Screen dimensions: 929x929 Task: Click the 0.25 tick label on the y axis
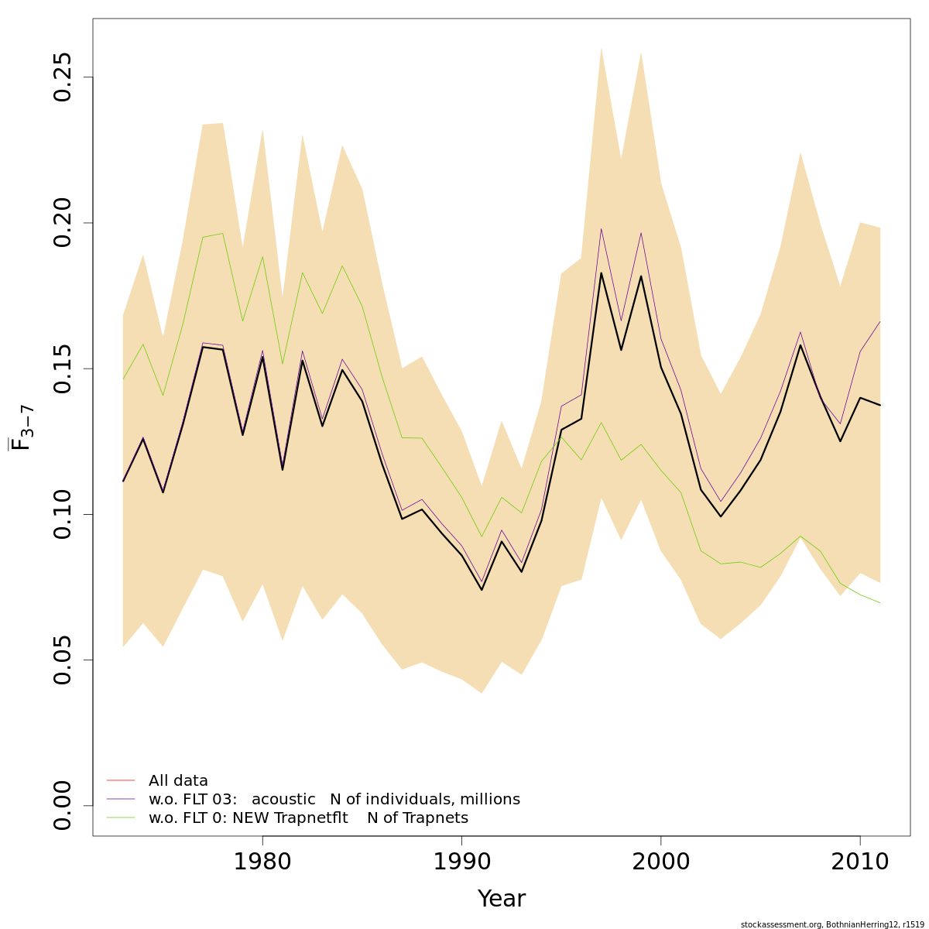(62, 77)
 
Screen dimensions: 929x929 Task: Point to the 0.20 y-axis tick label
(62, 223)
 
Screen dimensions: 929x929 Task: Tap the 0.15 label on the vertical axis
(62, 369)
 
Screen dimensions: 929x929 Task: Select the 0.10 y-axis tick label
(62, 514)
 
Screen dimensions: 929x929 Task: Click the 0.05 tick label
(62, 660)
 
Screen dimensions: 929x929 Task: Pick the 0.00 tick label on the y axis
(62, 805)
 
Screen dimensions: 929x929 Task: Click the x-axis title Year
(501, 899)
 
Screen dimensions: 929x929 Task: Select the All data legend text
(178, 781)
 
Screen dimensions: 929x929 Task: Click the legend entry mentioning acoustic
(334, 799)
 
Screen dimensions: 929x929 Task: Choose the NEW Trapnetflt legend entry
(308, 818)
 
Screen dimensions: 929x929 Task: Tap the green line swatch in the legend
(121, 818)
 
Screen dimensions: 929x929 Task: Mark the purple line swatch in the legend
(121, 799)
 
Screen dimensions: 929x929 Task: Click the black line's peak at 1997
(601, 273)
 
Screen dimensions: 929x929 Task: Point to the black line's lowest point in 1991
(482, 590)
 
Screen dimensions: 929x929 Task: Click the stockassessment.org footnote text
(831, 924)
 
